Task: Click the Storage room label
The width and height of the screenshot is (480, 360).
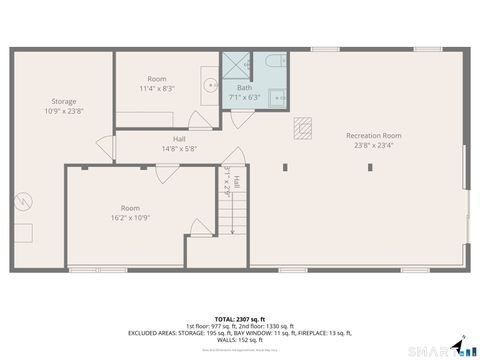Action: [x=64, y=101]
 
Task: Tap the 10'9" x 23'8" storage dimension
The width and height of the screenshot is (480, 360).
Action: [x=64, y=111]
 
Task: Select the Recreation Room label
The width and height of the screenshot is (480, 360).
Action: [x=374, y=135]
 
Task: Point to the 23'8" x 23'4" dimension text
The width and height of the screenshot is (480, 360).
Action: [x=374, y=145]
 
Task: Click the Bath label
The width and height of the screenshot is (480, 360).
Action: [x=244, y=87]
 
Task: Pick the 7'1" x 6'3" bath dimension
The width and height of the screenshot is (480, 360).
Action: [x=244, y=97]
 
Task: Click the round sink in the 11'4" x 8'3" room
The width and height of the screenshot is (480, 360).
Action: [x=210, y=85]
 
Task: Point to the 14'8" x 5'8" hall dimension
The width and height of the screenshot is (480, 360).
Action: [x=179, y=149]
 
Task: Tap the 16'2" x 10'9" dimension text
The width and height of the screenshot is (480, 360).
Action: [x=130, y=217]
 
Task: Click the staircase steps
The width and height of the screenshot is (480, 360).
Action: [x=234, y=215]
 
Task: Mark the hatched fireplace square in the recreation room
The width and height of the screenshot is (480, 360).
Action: [x=303, y=126]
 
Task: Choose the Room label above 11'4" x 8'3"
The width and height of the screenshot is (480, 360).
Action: [x=157, y=79]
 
